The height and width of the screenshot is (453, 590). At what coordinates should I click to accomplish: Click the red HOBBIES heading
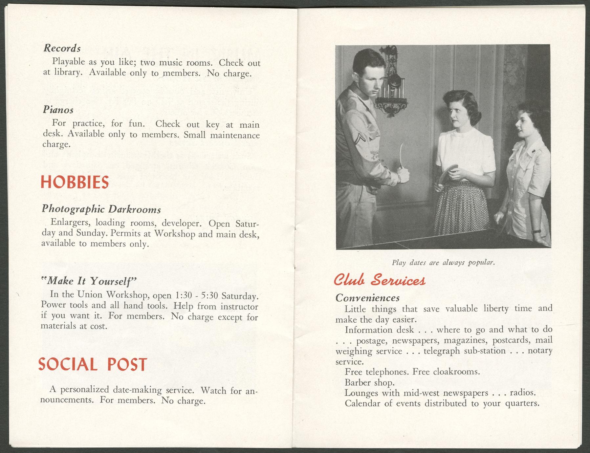pos(75,183)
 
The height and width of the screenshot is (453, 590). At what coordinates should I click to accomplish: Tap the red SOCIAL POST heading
pos(92,364)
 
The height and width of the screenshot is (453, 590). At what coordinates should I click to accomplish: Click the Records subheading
pos(62,49)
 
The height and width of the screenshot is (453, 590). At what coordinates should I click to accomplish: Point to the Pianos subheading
pos(58,110)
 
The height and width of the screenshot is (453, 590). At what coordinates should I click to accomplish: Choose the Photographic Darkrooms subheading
pos(101,209)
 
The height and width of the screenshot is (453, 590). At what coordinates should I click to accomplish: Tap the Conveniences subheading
pos(367,298)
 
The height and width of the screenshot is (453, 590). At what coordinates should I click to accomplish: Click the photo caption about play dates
pos(443,263)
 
